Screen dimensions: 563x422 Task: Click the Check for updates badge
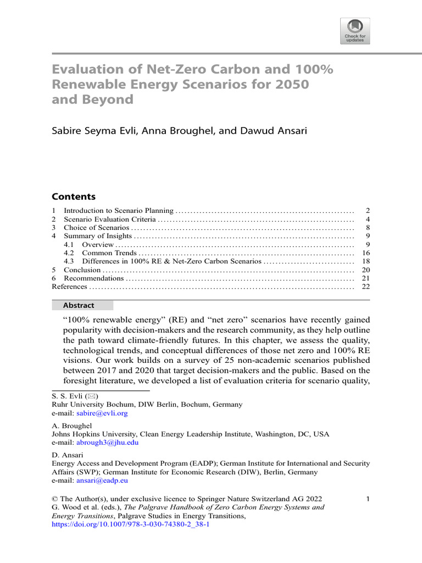(x=355, y=31)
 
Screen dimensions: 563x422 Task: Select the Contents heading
(x=73, y=197)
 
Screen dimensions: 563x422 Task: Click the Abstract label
(x=79, y=305)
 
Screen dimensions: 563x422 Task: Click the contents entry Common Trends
(x=108, y=253)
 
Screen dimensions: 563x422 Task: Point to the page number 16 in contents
(x=366, y=253)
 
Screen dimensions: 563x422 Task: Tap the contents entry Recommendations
(x=94, y=278)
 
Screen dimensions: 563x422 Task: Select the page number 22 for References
(x=366, y=287)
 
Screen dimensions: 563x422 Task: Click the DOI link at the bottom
(x=130, y=525)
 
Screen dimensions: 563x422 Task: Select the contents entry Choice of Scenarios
(x=97, y=228)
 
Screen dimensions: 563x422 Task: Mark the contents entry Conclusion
(x=82, y=270)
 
